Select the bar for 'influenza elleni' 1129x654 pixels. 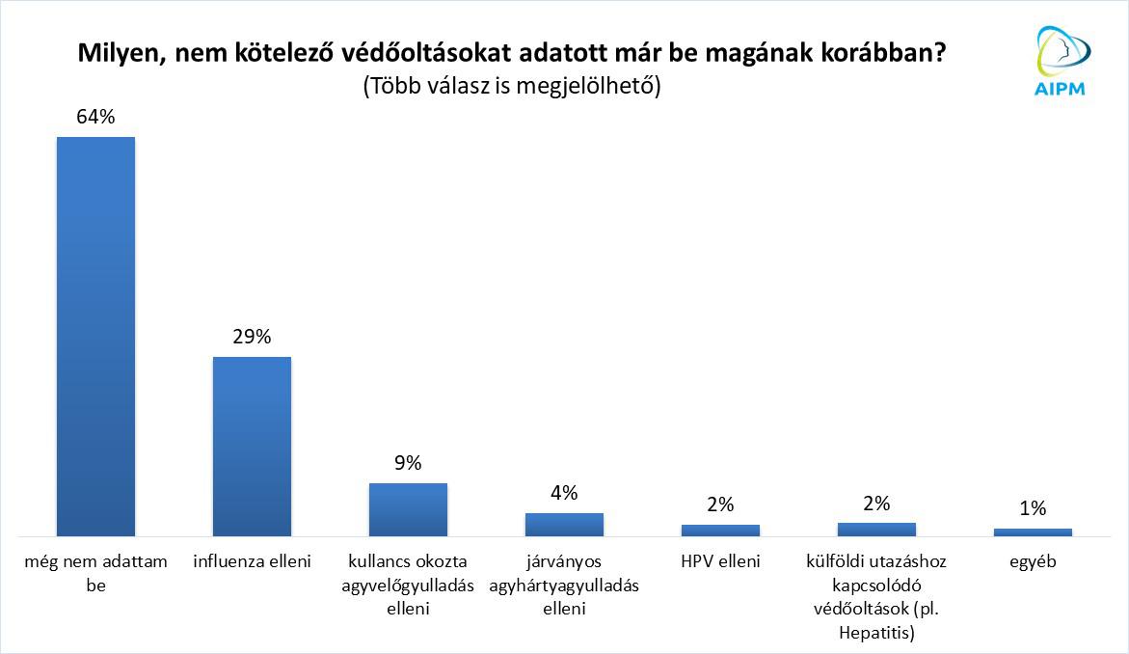click(x=252, y=446)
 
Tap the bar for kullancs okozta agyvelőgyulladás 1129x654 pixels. click(x=408, y=508)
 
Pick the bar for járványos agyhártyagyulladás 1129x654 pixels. click(x=564, y=524)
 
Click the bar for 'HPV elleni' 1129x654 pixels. click(x=720, y=530)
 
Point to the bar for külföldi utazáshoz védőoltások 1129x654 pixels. click(x=876, y=529)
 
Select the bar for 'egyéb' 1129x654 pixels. click(x=1033, y=531)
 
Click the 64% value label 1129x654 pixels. click(x=95, y=117)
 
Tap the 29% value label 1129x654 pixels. click(x=252, y=337)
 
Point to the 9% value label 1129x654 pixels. click(x=408, y=463)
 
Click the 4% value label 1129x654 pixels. click(x=564, y=493)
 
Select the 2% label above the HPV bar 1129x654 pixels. click(x=720, y=504)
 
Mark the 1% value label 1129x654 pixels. click(x=1033, y=508)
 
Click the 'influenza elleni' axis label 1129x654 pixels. click(x=252, y=560)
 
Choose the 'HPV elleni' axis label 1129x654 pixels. click(x=720, y=560)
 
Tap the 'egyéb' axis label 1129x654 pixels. click(x=1033, y=560)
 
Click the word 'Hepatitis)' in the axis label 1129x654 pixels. click(x=876, y=633)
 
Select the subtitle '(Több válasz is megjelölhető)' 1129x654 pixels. click(x=511, y=85)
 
